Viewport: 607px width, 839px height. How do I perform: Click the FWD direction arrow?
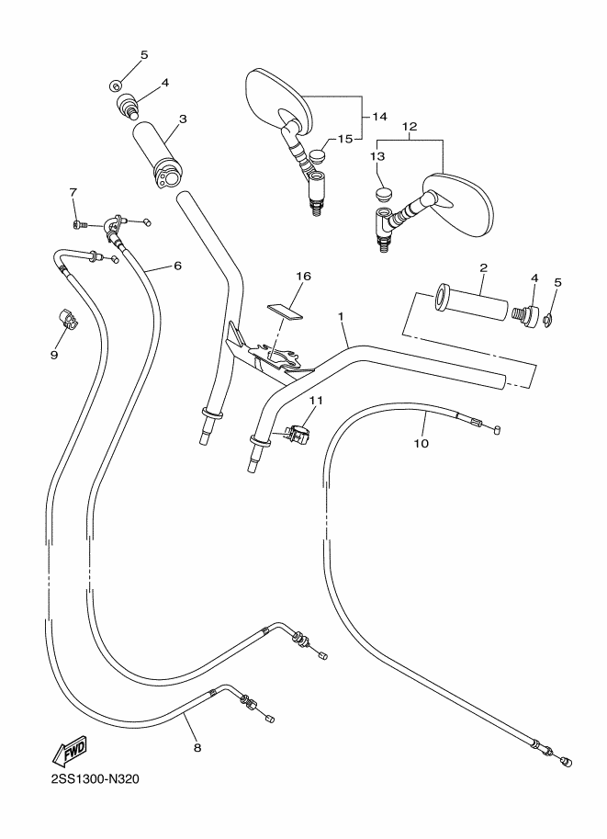pos(69,752)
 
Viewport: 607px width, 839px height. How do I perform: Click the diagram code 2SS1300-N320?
pos(96,778)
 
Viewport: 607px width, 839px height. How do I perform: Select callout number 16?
pos(303,276)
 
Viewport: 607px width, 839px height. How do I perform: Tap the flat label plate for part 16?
pos(285,311)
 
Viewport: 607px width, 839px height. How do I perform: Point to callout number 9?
pos(54,355)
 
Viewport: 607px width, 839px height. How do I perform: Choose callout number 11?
pos(316,401)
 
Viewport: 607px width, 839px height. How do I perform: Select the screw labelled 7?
pos(77,225)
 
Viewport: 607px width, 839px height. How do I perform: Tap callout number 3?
pos(183,119)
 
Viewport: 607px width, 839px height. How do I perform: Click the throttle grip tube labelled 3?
pos(159,154)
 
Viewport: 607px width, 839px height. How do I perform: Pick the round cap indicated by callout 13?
pos(381,193)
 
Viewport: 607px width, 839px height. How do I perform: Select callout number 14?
pos(379,116)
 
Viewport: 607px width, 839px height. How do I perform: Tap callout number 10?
pos(422,443)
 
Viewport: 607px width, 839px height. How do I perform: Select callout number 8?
pos(197,747)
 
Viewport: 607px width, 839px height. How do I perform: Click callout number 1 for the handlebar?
pos(340,316)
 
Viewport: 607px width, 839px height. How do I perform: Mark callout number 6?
pos(177,266)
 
